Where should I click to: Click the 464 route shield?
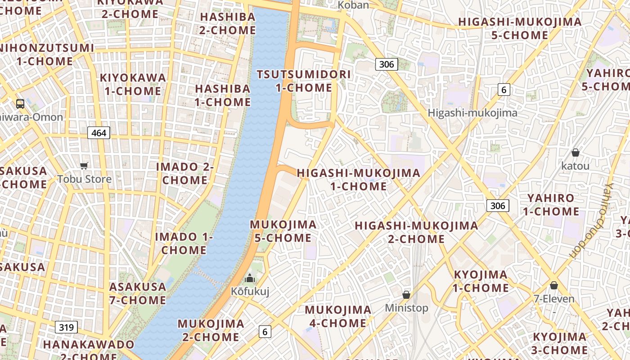(x=99, y=133)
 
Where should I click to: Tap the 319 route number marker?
(x=66, y=327)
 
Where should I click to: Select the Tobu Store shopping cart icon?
(x=84, y=166)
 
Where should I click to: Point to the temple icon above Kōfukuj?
(x=250, y=278)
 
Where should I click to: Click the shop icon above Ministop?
(x=406, y=295)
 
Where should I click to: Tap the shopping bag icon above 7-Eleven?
(x=554, y=285)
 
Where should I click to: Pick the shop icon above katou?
(x=575, y=153)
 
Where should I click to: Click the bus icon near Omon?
(x=20, y=104)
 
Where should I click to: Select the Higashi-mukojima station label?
(x=472, y=113)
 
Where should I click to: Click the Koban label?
(x=353, y=5)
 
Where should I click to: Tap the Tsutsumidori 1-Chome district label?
(x=304, y=81)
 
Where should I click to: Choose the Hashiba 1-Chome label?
(x=223, y=95)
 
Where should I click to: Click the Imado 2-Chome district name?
(x=184, y=173)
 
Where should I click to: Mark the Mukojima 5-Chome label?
(x=283, y=231)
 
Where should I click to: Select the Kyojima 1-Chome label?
(x=481, y=281)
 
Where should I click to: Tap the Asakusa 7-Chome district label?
(x=138, y=293)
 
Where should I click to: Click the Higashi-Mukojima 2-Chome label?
(x=416, y=232)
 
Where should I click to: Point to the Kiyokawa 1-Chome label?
(x=133, y=84)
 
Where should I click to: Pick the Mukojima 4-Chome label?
(x=338, y=316)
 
